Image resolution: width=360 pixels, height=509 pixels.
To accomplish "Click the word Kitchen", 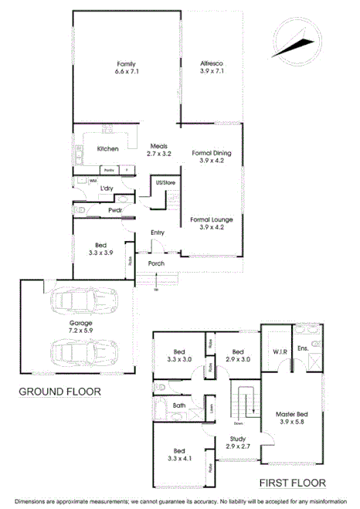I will click(107, 149).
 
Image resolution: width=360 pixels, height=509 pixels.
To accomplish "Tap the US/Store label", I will click(165, 182).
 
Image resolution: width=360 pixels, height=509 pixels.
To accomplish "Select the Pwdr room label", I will click(115, 210).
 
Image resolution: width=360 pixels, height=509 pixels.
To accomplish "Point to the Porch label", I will click(157, 263).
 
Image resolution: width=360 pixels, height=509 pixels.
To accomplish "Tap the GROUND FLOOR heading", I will click(59, 392).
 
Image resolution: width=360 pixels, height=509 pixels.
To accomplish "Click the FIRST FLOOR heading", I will click(293, 484).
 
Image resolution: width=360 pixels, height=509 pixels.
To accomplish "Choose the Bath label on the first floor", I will click(179, 405).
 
